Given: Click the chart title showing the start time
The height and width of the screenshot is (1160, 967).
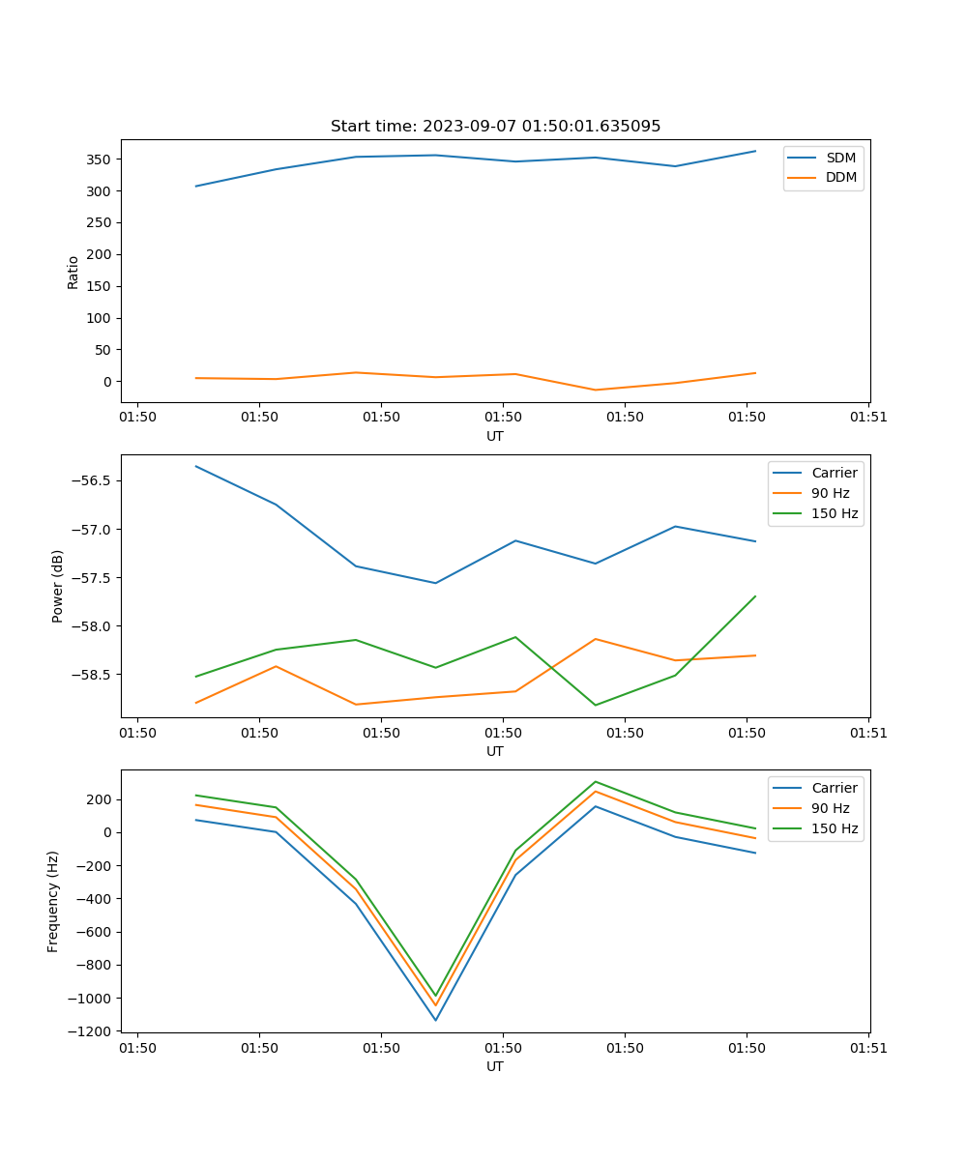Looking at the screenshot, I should tap(495, 127).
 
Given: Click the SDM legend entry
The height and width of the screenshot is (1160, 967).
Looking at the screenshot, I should tap(840, 158).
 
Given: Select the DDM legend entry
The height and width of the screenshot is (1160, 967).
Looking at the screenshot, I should tap(840, 177).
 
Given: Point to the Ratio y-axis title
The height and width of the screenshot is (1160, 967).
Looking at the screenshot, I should tap(73, 272).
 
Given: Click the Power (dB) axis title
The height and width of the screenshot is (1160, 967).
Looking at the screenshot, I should tap(58, 586).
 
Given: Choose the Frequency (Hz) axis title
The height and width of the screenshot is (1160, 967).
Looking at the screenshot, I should tap(53, 901).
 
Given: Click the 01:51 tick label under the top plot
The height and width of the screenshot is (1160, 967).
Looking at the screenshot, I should tap(868, 418).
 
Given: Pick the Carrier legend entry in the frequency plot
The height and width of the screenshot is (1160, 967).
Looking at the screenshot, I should tap(834, 788).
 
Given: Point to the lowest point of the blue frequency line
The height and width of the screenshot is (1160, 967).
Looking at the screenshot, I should tap(435, 1020).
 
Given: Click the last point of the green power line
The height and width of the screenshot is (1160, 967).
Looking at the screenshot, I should tap(755, 596).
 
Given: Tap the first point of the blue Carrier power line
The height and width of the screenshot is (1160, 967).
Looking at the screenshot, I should tap(196, 466).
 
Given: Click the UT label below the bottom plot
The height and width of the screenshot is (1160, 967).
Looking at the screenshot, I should tap(495, 1066).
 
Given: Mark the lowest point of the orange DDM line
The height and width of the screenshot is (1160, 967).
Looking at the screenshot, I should tap(595, 391).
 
